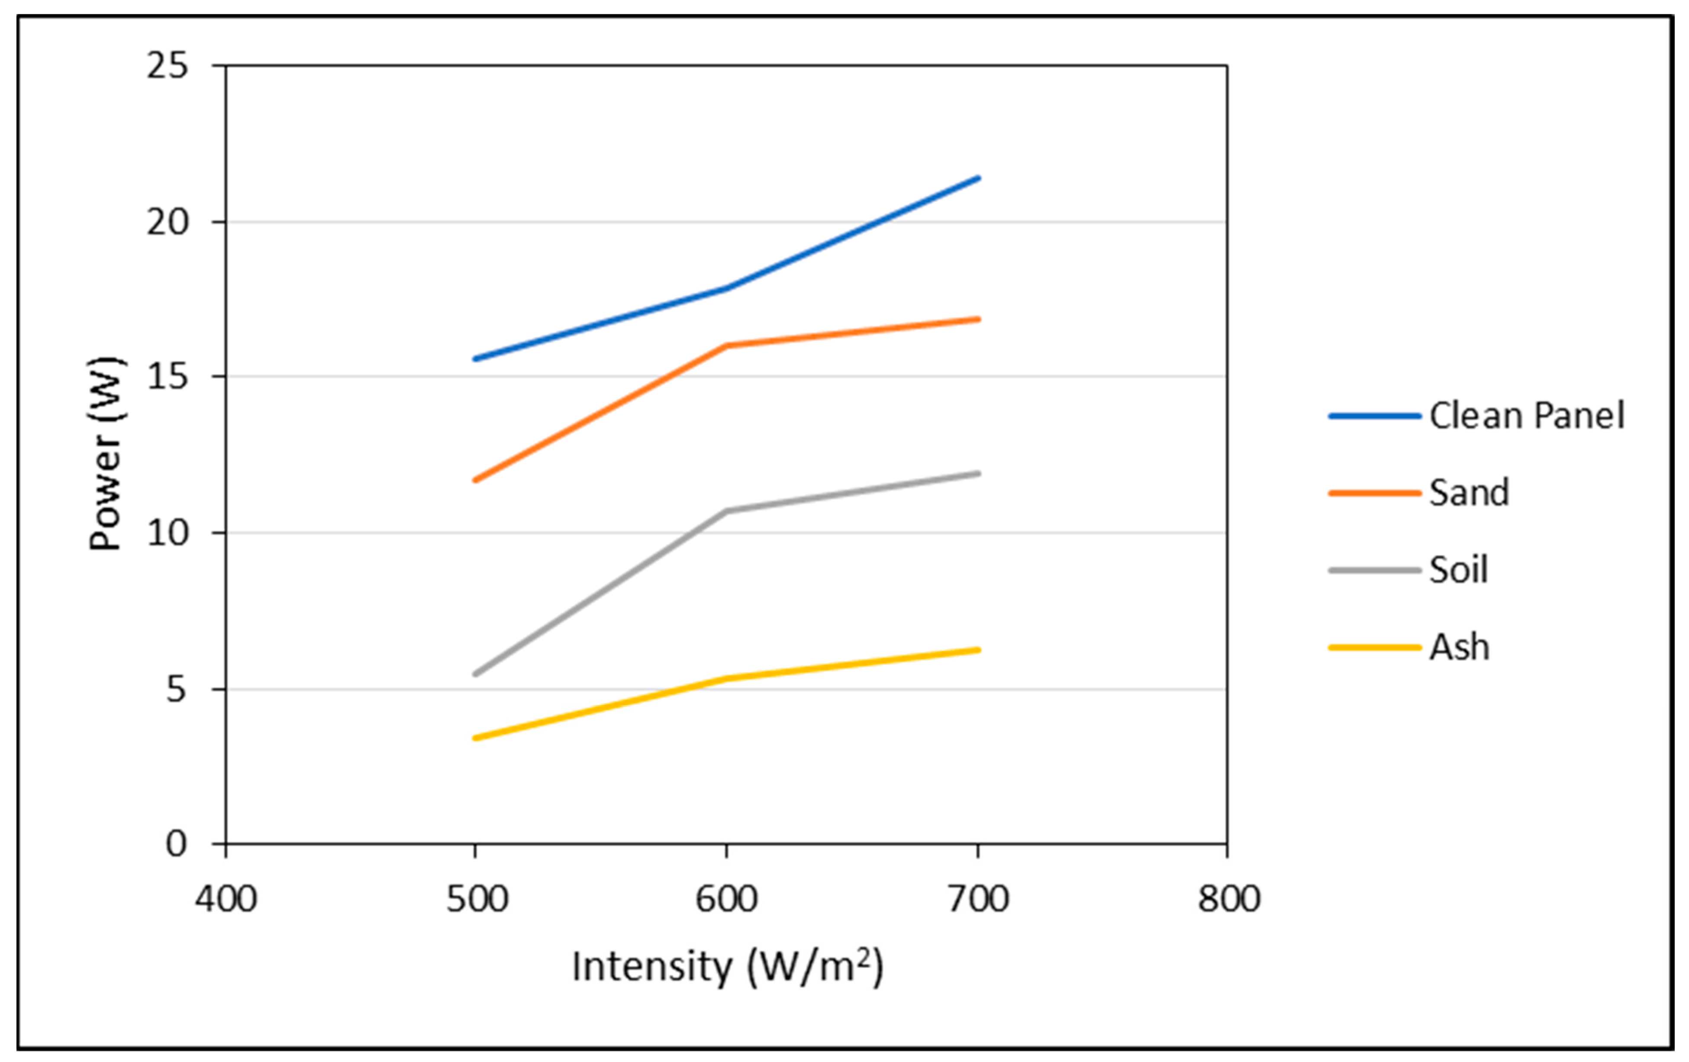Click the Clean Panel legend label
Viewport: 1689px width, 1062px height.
pyautogui.click(x=1526, y=416)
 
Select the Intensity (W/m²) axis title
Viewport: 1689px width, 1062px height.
pyautogui.click(x=727, y=967)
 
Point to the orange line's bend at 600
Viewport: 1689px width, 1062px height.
pyautogui.click(x=727, y=345)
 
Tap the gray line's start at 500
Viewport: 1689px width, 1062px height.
pyautogui.click(x=476, y=674)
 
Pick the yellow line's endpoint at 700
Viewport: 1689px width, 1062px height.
pyautogui.click(x=978, y=649)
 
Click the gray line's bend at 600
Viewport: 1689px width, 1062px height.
pyautogui.click(x=727, y=511)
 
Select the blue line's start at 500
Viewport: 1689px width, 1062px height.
pyautogui.click(x=476, y=359)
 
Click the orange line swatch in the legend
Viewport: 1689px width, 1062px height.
pyautogui.click(x=1373, y=493)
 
